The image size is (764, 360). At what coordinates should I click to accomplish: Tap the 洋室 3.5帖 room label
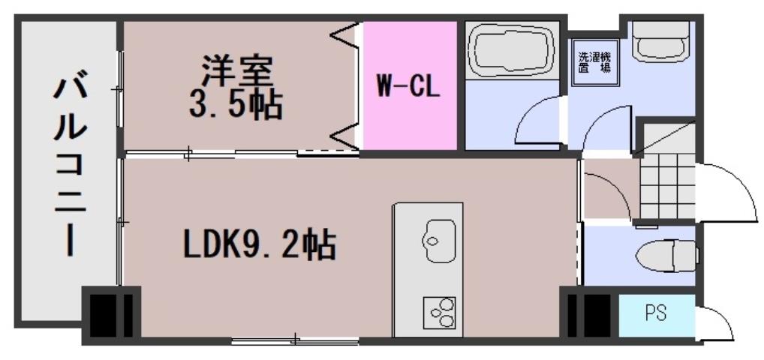tap(235, 88)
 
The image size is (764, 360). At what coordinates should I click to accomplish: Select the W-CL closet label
tap(408, 86)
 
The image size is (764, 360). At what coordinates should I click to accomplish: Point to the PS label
tap(656, 312)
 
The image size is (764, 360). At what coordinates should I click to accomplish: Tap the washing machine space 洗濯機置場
tap(594, 61)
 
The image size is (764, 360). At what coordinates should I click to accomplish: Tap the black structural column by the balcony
tap(110, 313)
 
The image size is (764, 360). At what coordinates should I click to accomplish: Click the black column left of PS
tap(588, 315)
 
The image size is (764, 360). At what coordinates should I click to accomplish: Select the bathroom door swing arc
tap(537, 124)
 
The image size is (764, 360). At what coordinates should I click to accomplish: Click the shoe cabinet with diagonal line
tap(665, 139)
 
